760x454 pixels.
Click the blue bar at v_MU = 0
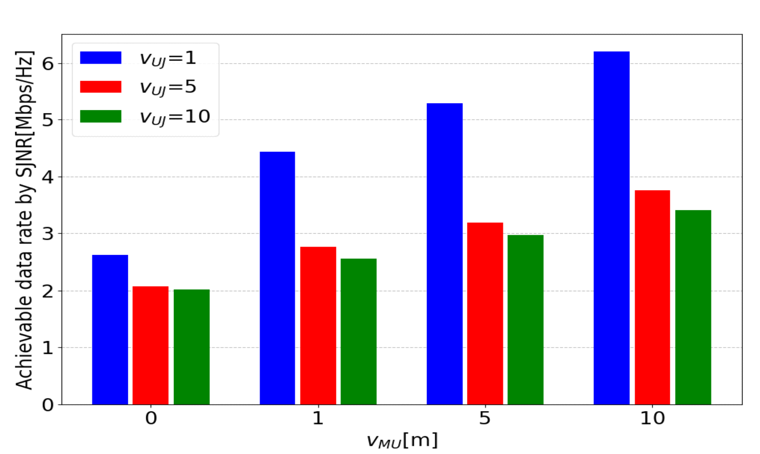110,329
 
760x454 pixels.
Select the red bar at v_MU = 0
150,345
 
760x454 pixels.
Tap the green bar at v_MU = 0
191,347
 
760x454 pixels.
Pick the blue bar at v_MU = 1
277,278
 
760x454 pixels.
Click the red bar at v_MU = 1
318,325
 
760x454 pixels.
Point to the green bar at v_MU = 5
525,319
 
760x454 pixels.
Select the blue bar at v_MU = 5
445,254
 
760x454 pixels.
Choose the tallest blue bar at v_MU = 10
611,228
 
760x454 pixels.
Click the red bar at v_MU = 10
652,297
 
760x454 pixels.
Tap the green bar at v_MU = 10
693,307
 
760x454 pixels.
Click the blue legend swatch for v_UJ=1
100,58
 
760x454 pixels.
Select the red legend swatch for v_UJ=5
100,87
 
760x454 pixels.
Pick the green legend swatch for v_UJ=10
100,116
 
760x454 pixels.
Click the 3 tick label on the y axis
48,233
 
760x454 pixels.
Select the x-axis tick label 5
484,418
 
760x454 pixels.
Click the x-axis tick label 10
652,418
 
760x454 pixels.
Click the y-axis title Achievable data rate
24,221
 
